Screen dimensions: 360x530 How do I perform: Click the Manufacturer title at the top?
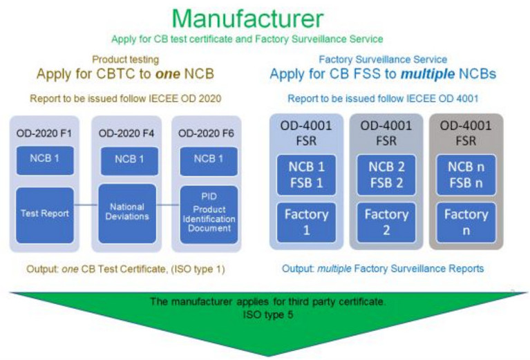click(265, 17)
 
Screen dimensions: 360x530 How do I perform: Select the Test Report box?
click(44, 214)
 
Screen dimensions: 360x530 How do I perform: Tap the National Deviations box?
click(126, 212)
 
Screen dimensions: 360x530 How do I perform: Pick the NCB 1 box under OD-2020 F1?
click(44, 160)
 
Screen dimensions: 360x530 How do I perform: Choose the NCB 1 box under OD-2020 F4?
click(126, 160)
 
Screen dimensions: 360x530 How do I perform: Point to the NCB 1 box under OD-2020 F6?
click(208, 160)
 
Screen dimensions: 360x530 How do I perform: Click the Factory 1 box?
click(306, 221)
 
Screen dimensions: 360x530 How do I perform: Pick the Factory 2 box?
click(386, 221)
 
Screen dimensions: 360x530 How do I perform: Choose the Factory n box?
click(466, 221)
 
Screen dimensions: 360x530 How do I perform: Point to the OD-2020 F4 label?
click(126, 132)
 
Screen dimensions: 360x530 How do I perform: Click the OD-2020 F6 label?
click(208, 132)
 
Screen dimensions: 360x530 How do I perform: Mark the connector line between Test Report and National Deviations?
click(86, 204)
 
